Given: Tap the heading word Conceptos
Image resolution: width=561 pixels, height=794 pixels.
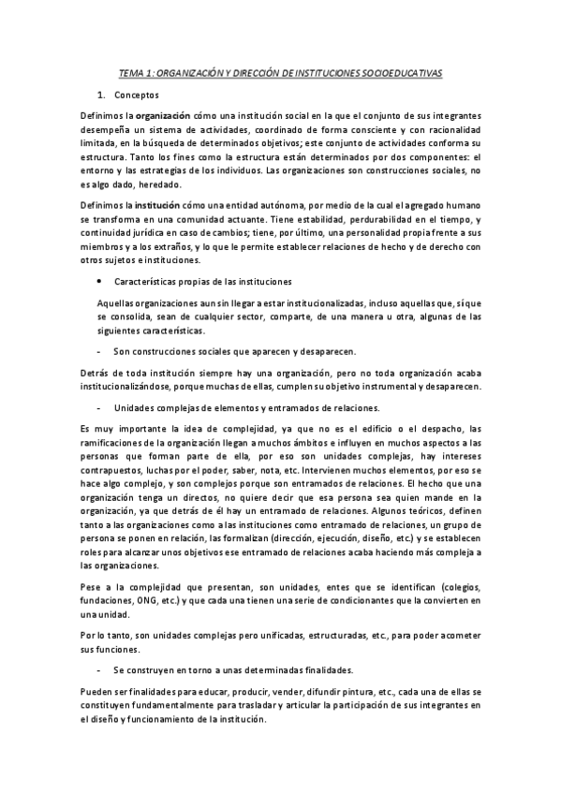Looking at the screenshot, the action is (137, 95).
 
